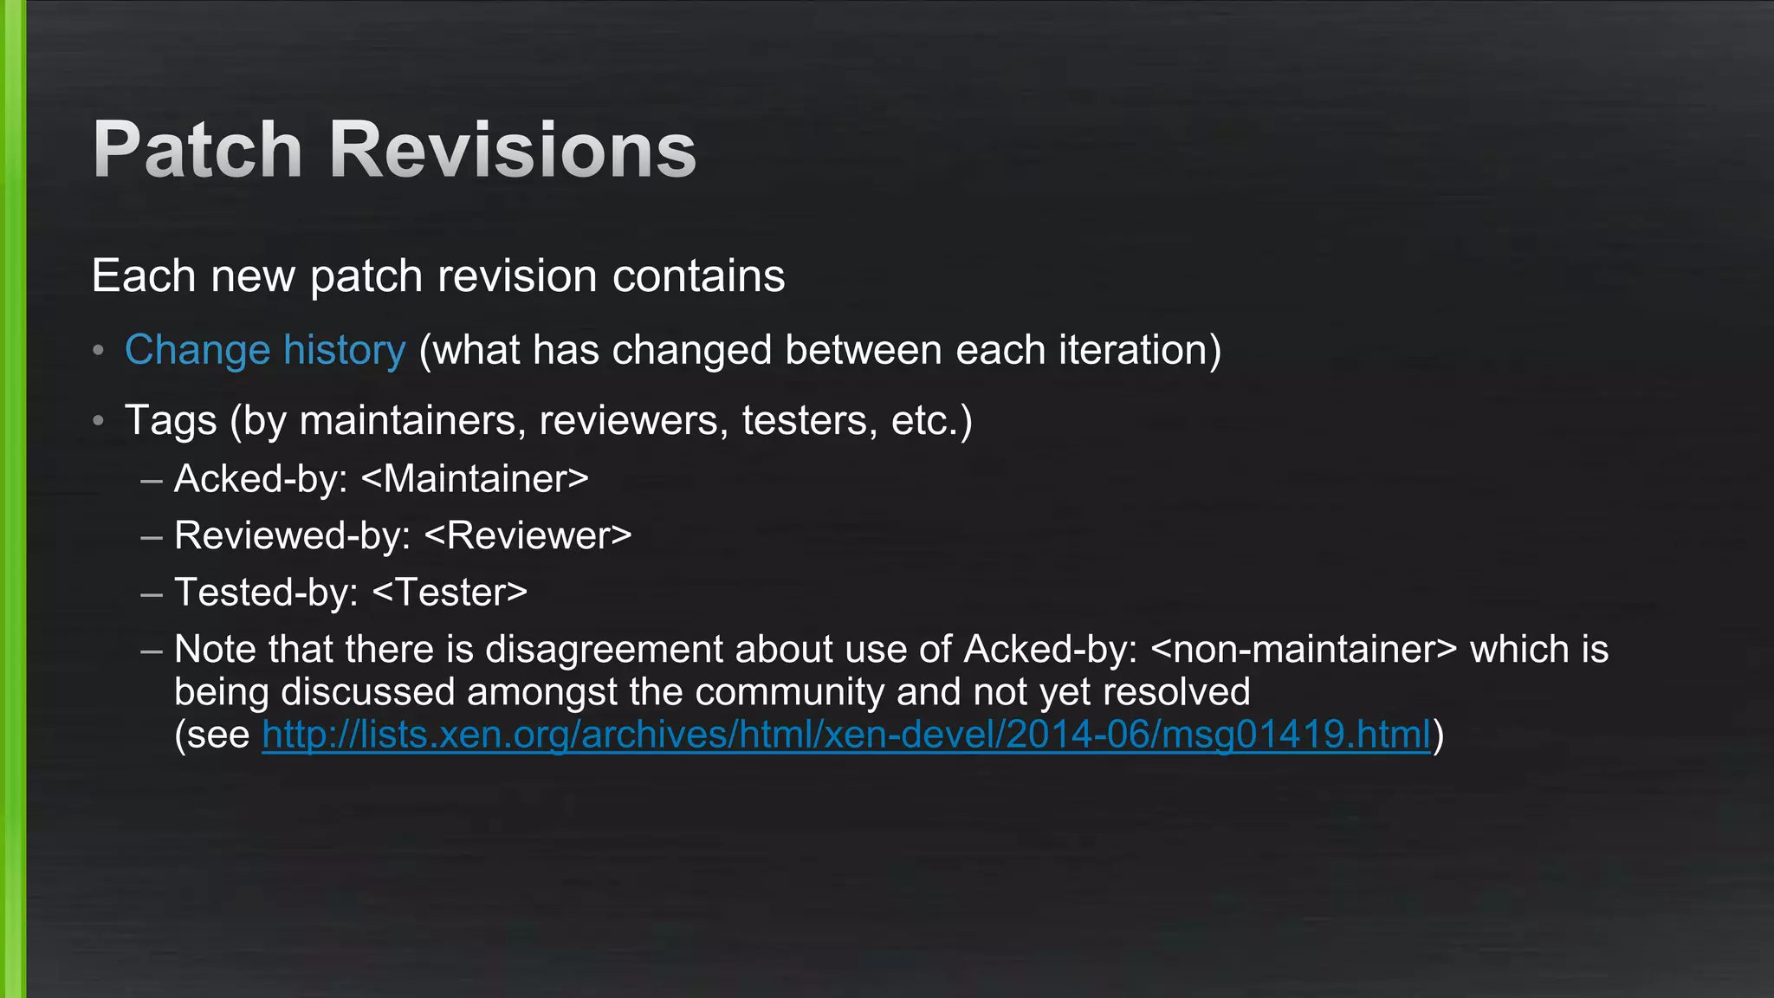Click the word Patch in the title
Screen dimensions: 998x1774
coord(197,150)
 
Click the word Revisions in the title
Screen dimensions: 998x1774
coord(513,150)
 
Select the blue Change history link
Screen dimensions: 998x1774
coord(265,351)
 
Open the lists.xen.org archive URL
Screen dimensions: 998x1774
coord(846,735)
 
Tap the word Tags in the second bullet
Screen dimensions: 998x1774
coord(171,422)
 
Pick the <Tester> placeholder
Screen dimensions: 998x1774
coord(450,593)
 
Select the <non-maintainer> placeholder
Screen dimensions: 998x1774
coord(1305,650)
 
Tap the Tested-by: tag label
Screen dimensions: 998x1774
coord(267,593)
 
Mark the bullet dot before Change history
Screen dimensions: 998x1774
coord(99,351)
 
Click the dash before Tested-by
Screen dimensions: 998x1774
coord(152,594)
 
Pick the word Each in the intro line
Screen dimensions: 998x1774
coord(144,276)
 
